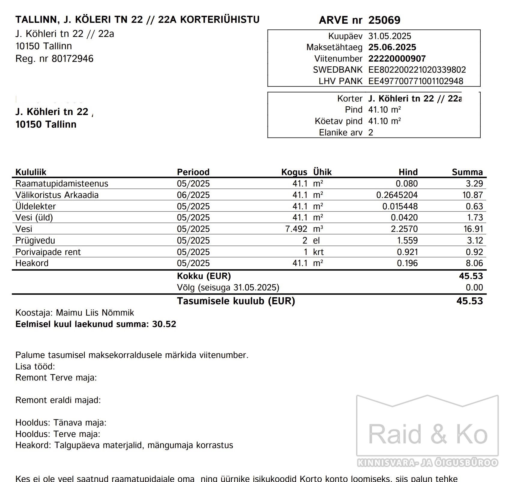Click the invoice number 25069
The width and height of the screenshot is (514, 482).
point(384,20)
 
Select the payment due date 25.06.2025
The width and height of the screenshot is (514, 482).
point(392,47)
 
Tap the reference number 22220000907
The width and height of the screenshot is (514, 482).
point(397,59)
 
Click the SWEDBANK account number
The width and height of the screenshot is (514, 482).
point(417,70)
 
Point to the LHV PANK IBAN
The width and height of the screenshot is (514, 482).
point(416,81)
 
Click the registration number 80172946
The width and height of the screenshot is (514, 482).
point(72,59)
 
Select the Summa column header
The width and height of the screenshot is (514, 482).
point(467,172)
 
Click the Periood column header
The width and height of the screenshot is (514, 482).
point(193,172)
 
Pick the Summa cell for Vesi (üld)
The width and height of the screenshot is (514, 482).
point(474,217)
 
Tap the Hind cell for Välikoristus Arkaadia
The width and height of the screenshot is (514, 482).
point(397,195)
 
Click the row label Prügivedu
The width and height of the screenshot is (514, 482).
point(35,240)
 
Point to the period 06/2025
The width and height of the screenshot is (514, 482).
point(193,195)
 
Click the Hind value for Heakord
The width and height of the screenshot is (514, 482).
point(407,263)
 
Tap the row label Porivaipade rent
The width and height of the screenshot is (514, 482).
point(48,252)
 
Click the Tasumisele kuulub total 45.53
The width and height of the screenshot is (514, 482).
point(470,301)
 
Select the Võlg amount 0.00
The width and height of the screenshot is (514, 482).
point(474,287)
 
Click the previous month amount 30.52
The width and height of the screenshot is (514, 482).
point(164,324)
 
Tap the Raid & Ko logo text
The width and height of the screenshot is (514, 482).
point(428,434)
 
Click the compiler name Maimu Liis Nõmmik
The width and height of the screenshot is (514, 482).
point(95,313)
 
